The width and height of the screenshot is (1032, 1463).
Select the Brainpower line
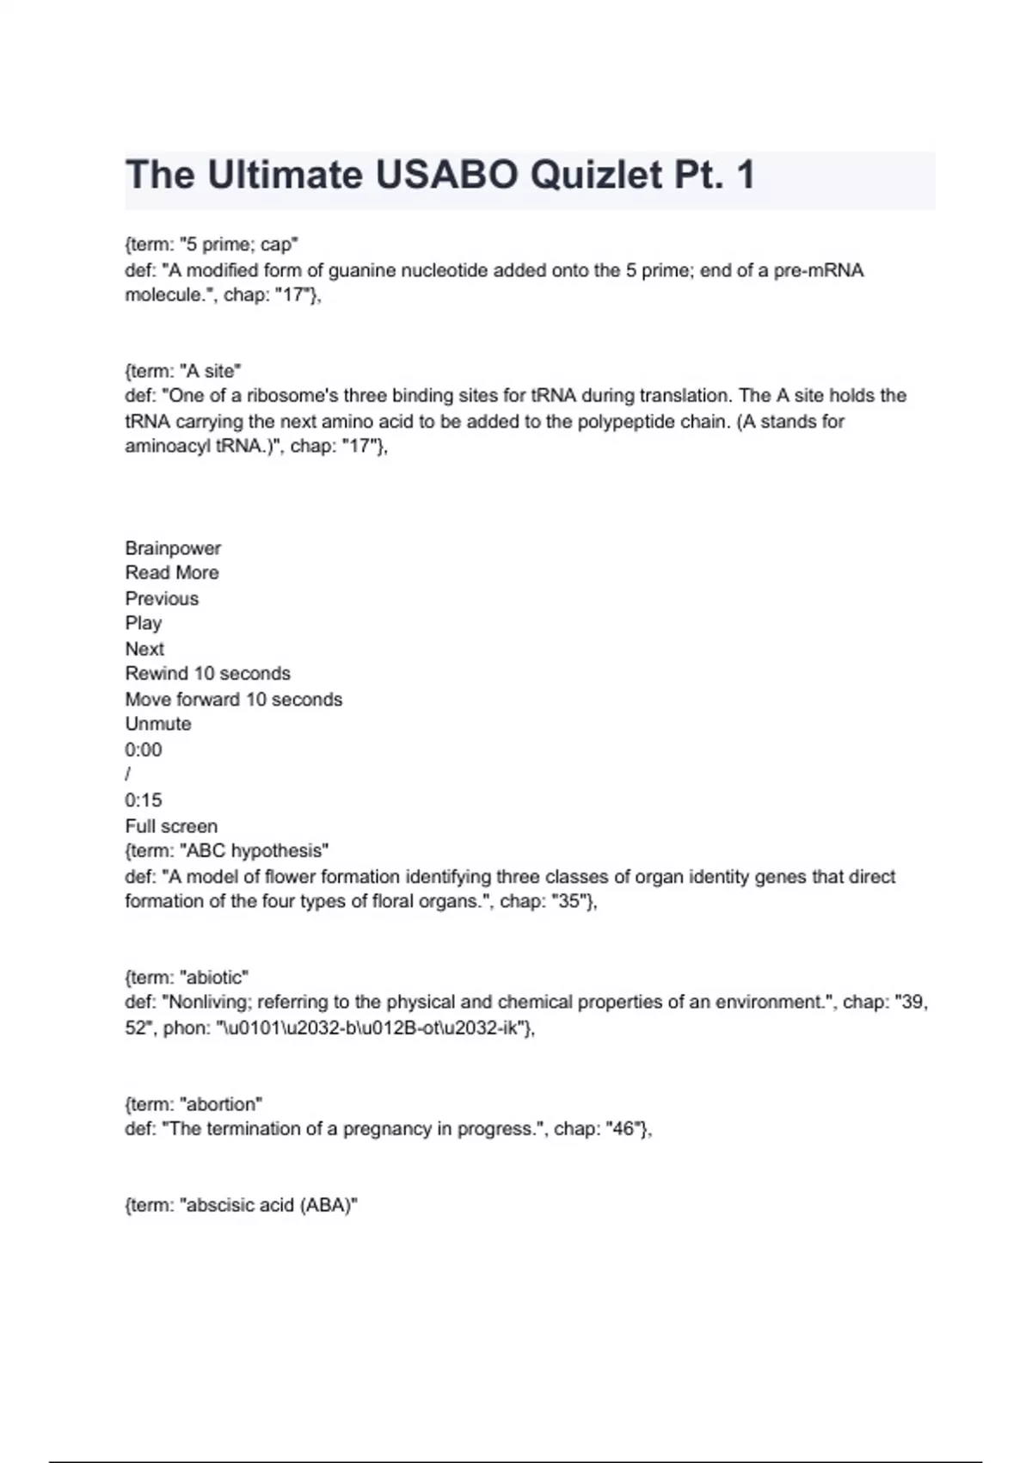[173, 548]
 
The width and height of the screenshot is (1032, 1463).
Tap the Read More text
[172, 573]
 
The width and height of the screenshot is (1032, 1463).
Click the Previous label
[162, 598]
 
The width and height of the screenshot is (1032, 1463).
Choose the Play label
[144, 623]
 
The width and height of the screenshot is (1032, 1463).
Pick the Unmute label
[158, 724]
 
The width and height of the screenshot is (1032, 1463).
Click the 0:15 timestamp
[144, 800]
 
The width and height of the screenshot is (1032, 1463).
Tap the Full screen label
[171, 826]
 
